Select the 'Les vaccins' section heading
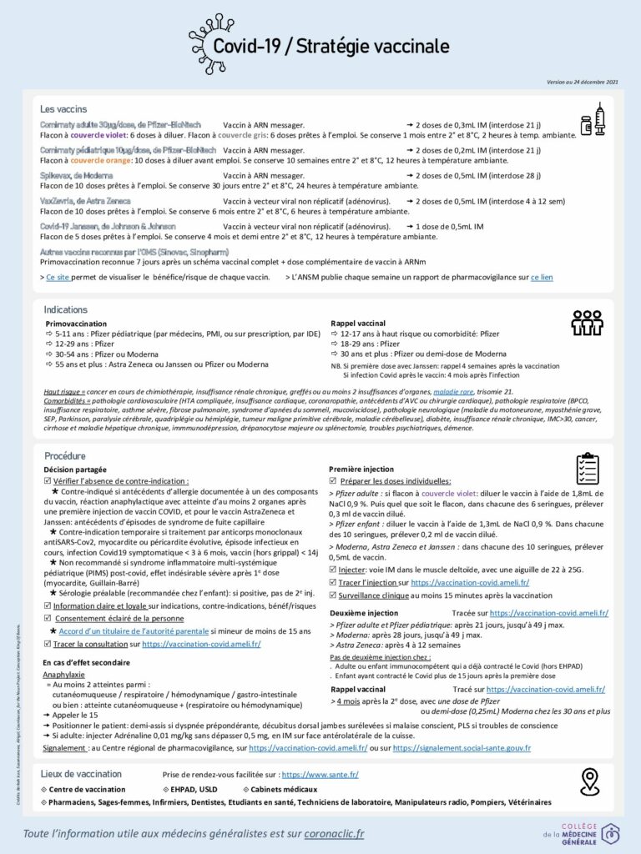tap(64, 109)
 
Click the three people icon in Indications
tap(587, 322)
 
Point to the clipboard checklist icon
tap(588, 469)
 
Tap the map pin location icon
tap(591, 781)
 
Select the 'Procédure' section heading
tap(64, 456)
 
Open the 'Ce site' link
tap(58, 277)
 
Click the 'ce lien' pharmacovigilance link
tap(542, 277)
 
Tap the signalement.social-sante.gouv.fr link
tap(462, 748)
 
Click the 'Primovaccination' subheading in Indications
tap(76, 323)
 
